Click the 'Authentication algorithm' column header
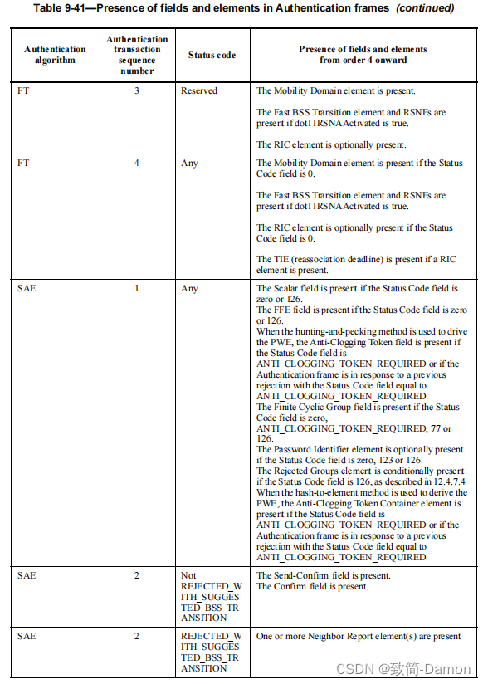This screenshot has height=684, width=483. tap(55, 55)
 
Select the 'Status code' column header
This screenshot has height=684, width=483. tap(212, 55)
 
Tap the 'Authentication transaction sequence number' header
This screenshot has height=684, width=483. tap(137, 55)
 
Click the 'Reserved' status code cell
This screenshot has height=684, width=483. tap(199, 90)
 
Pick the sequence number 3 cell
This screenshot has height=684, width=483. tap(137, 90)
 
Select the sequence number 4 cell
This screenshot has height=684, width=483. tap(137, 164)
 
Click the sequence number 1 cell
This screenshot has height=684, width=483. tap(137, 289)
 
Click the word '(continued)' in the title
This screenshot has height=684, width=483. tap(425, 8)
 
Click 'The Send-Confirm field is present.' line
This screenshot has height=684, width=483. tap(323, 575)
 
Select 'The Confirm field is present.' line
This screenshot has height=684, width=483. tap(311, 587)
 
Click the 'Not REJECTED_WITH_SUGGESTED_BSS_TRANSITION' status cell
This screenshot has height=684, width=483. tap(210, 596)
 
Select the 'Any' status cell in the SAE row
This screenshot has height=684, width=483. tap(189, 289)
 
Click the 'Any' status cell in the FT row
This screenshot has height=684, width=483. tap(189, 164)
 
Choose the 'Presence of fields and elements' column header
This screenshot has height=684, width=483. tap(363, 55)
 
